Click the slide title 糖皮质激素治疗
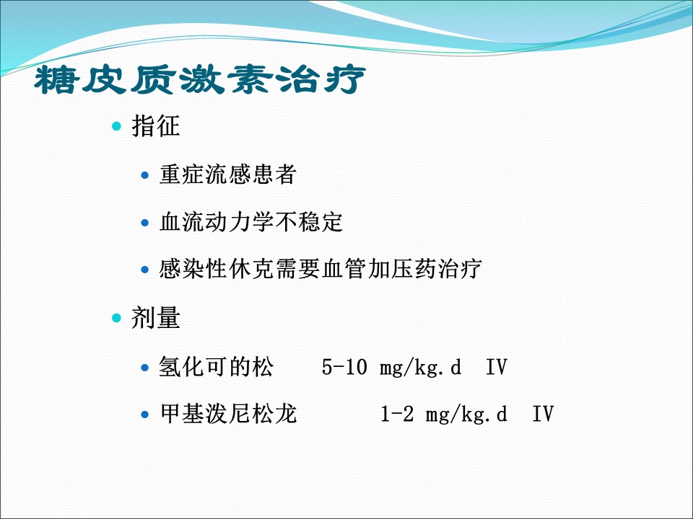click(x=200, y=79)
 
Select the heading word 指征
click(x=156, y=125)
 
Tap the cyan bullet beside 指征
click(x=116, y=127)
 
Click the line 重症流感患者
click(x=227, y=174)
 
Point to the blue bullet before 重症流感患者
click(x=144, y=175)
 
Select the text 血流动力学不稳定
click(x=251, y=221)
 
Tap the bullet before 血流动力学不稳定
click(x=144, y=223)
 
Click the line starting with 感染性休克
click(x=321, y=269)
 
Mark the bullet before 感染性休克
click(x=144, y=270)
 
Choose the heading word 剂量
click(x=156, y=317)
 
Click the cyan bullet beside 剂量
click(x=116, y=318)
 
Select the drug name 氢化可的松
click(x=216, y=367)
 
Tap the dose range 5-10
click(x=344, y=367)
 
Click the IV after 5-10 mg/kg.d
click(x=497, y=367)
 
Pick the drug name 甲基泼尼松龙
click(x=227, y=414)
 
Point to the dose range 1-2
click(x=397, y=414)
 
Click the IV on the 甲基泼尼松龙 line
click(x=543, y=414)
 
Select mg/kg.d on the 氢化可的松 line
click(x=420, y=368)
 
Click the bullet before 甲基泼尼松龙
click(x=144, y=415)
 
